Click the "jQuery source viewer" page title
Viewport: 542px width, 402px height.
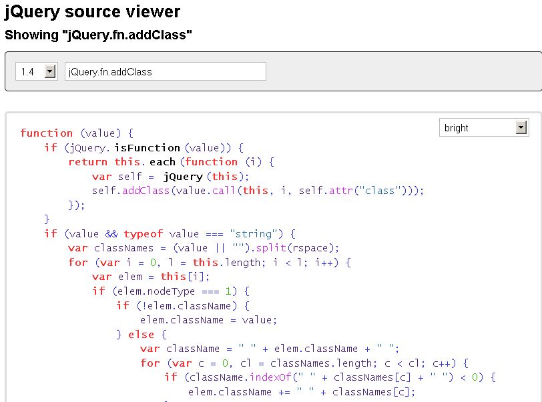[x=92, y=12]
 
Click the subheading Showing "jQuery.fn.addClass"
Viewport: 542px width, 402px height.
[x=98, y=35]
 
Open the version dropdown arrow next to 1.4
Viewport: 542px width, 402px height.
[x=50, y=71]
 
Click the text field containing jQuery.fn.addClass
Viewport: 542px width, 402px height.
[x=166, y=71]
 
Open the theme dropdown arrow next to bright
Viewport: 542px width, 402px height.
[x=521, y=127]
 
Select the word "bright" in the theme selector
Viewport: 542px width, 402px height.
[x=456, y=128]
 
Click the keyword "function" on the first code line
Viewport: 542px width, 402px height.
[x=46, y=133]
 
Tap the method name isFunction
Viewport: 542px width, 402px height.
[x=148, y=148]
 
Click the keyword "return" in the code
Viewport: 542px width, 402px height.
[x=88, y=162]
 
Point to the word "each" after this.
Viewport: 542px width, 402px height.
[x=162, y=162]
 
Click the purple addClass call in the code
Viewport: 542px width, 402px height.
[x=146, y=191]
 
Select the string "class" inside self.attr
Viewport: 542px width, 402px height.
[x=380, y=191]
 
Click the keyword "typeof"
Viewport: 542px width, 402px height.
[x=143, y=234]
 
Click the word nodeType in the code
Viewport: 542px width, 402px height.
[x=171, y=291]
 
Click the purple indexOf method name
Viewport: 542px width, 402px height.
[x=270, y=377]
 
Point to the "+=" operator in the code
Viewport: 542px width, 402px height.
[x=284, y=392]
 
